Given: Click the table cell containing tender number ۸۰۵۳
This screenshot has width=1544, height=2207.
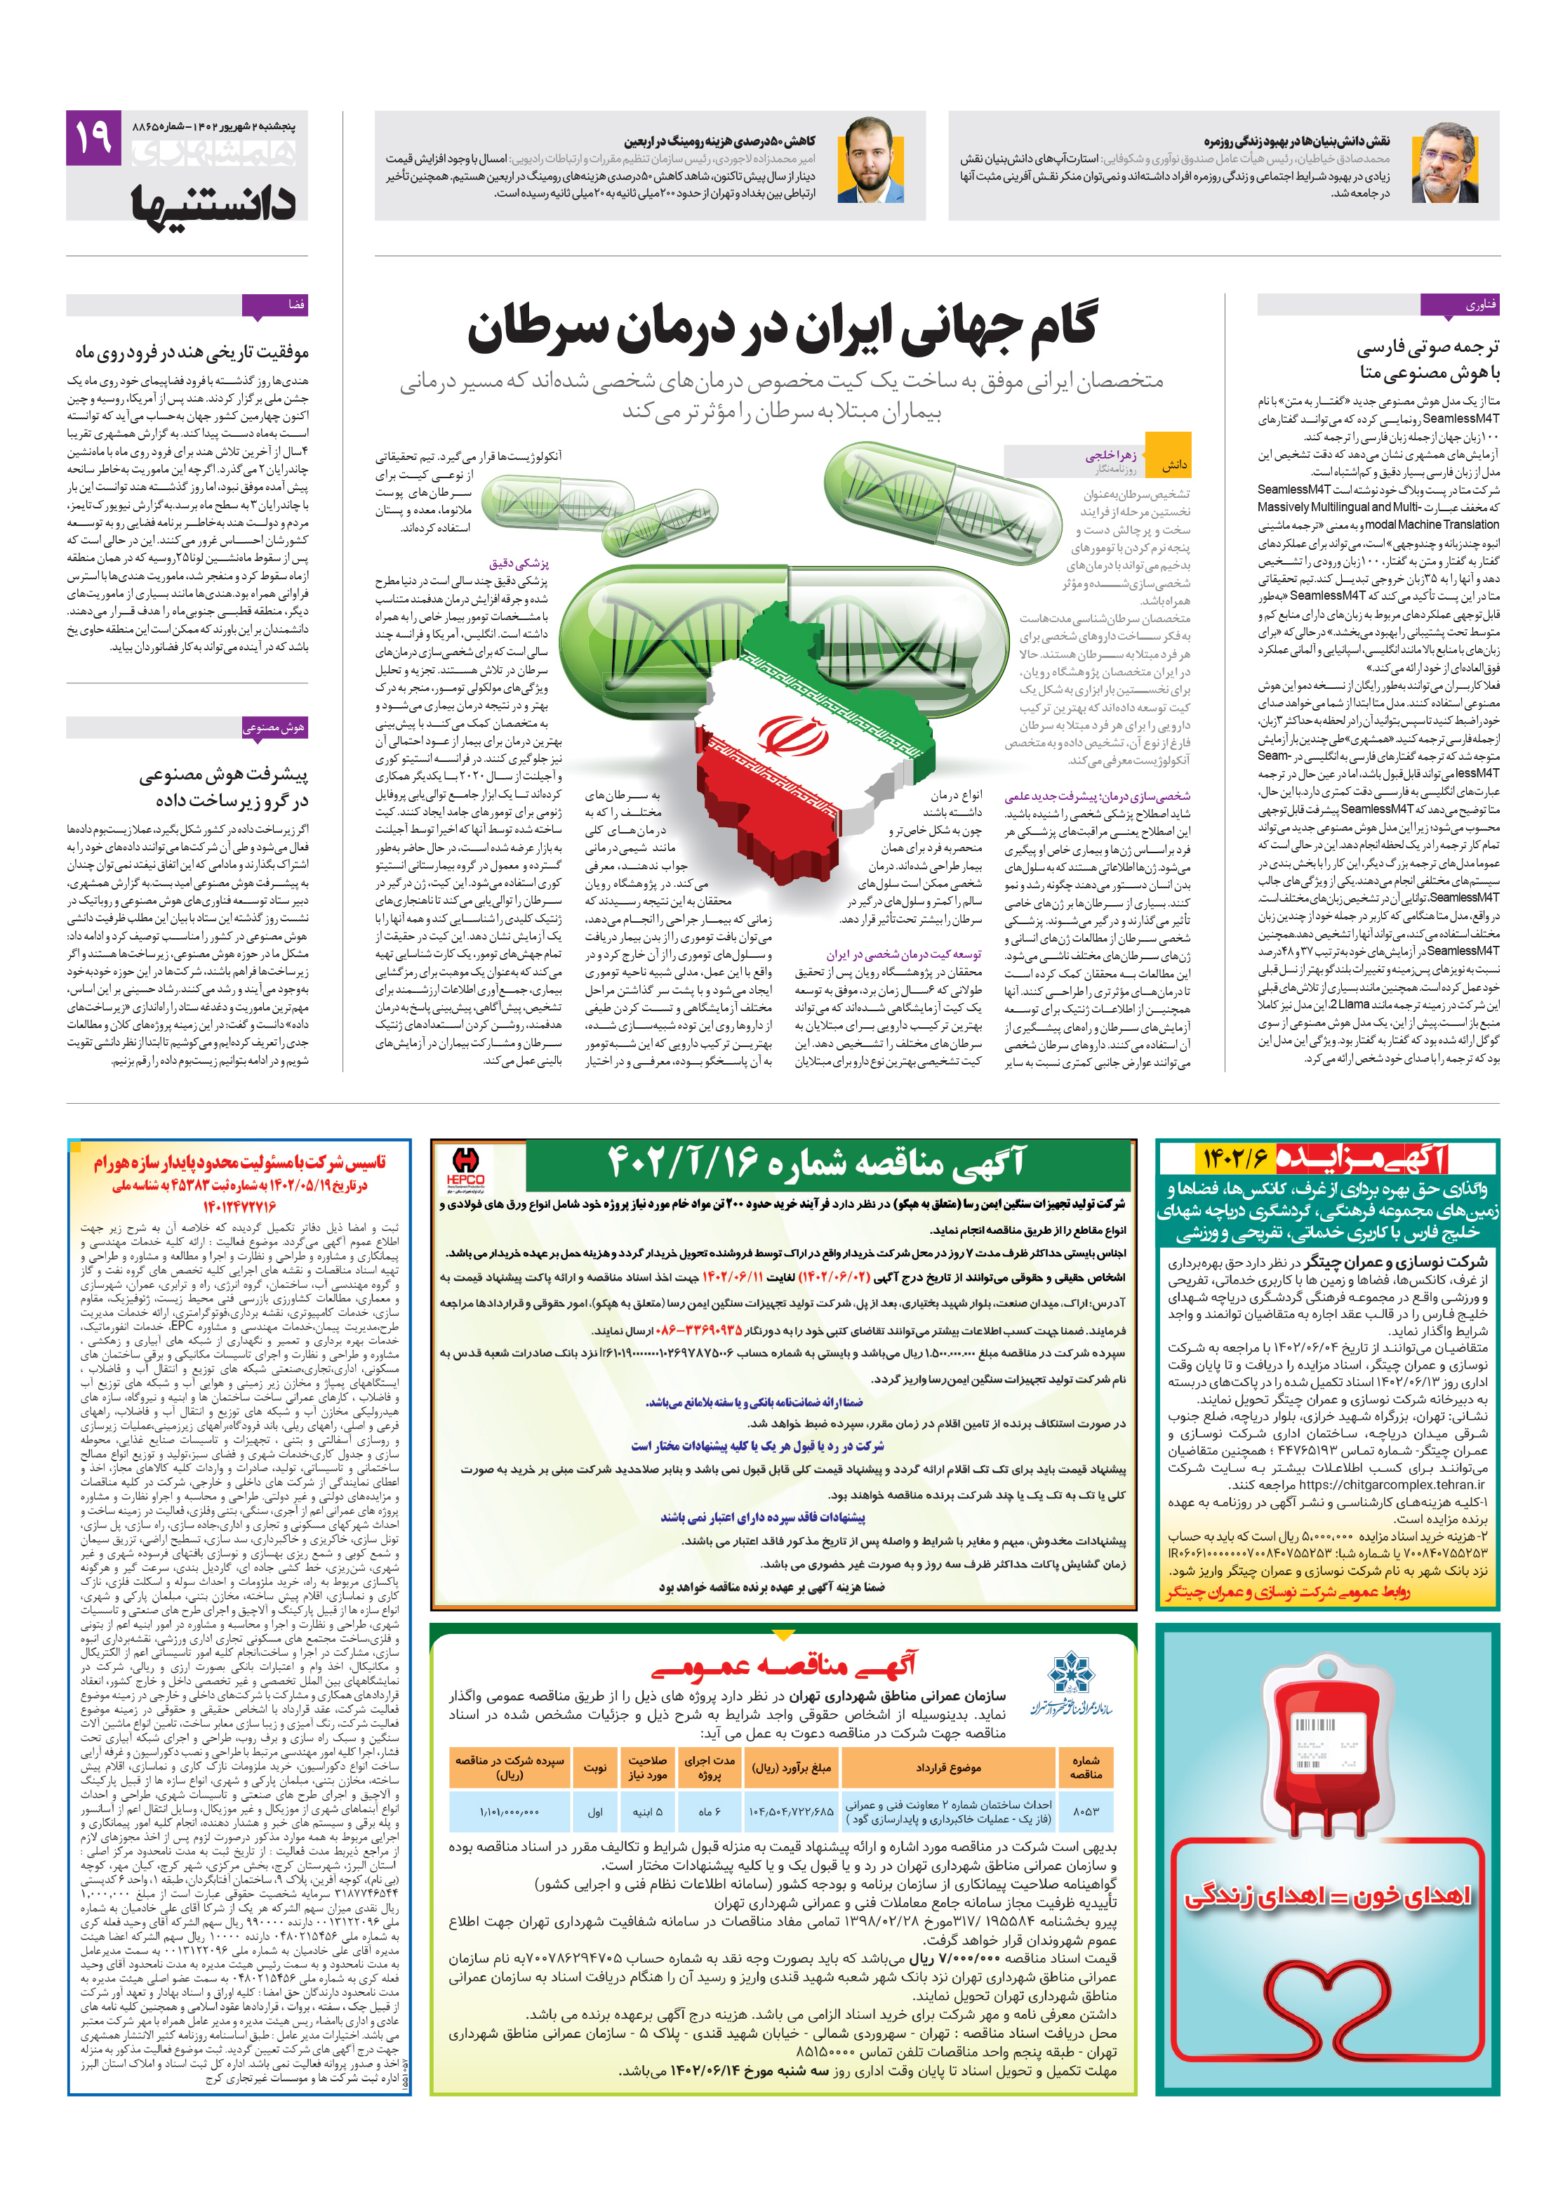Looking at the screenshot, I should pyautogui.click(x=1086, y=1810).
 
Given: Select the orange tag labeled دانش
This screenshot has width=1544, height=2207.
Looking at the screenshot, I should pyautogui.click(x=1173, y=464).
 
